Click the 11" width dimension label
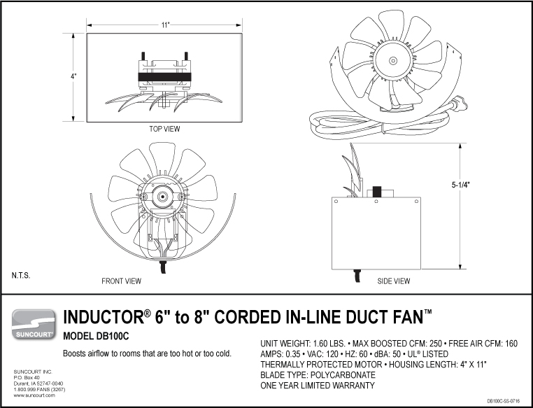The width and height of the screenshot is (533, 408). (x=165, y=25)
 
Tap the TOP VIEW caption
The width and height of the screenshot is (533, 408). (x=165, y=129)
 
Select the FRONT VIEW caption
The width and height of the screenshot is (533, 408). (x=122, y=281)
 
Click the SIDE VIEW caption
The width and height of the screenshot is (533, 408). (x=393, y=281)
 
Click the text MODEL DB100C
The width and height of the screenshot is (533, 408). (x=103, y=336)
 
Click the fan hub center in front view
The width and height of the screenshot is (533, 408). (x=162, y=198)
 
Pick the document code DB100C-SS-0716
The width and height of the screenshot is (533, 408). (x=508, y=401)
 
